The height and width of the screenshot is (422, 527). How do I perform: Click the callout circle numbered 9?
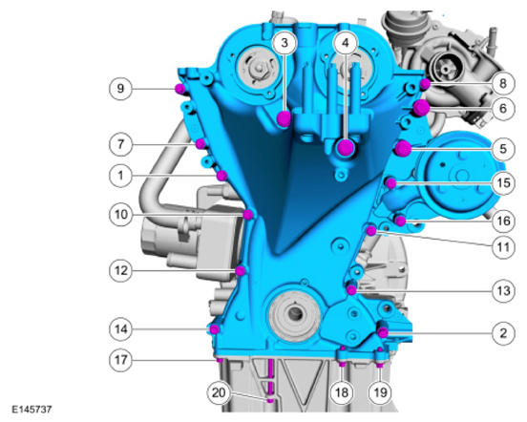coord(120,89)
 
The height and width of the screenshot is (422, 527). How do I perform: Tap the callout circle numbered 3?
coord(285,43)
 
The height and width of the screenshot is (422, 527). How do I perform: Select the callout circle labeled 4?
coord(346,43)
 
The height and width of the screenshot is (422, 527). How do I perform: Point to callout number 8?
coord(503,83)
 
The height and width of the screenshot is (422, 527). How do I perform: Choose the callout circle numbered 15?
coord(503,183)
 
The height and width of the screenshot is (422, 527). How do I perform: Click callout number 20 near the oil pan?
coord(218,392)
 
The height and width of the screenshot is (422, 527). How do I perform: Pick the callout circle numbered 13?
coord(503,291)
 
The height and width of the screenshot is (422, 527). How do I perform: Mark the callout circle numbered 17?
coord(120,360)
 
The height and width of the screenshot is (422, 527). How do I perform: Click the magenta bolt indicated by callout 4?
coord(346,147)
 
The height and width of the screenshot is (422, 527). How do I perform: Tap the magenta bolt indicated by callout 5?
coord(403,149)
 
